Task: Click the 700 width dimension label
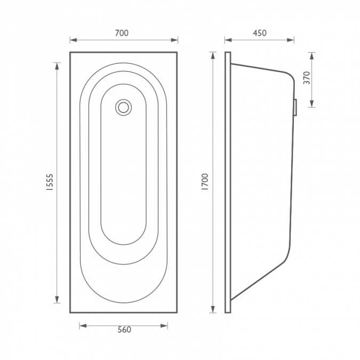122,33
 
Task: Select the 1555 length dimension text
49,182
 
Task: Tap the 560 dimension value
124,330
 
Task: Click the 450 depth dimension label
259,33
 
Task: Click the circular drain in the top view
123,107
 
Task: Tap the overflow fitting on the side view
295,107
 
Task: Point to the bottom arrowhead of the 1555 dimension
57,300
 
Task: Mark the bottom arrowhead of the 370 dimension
312,104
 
